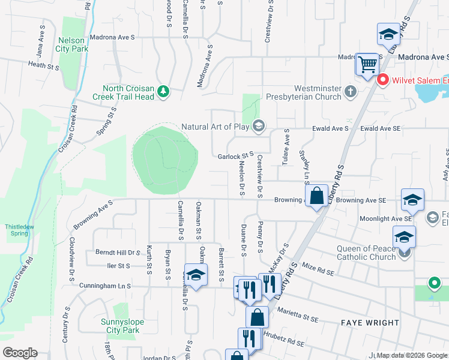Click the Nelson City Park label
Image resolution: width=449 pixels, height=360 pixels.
tap(71, 45)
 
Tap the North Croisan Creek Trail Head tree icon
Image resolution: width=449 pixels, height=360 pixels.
tap(163, 91)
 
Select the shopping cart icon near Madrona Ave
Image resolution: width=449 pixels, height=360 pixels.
tap(367, 63)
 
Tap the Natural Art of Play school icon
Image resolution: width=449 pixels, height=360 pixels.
tap(259, 125)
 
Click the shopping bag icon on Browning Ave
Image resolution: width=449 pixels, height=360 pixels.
tap(316, 196)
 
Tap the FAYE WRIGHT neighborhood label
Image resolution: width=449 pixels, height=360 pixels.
tap(370, 323)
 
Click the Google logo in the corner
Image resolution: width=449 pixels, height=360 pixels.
tap(20, 353)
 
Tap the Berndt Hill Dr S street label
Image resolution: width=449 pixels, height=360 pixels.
tap(117, 253)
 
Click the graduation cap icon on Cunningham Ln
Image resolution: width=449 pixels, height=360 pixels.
tap(196, 275)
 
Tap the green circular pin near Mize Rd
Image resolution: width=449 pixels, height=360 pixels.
tap(434, 283)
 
